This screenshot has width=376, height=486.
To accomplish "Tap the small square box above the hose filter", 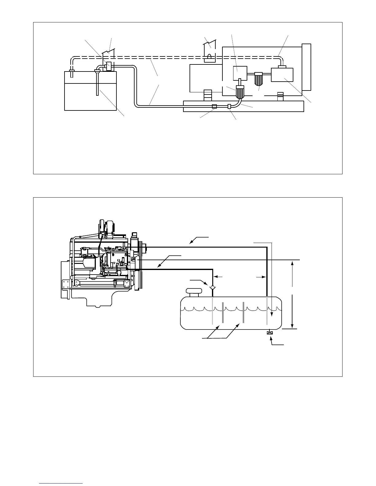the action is (x=240, y=73).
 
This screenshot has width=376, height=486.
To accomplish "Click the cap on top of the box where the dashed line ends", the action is (x=282, y=67).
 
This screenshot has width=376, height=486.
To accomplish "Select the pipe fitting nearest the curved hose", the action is (x=229, y=106).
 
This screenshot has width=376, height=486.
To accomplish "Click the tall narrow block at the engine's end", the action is (x=306, y=67).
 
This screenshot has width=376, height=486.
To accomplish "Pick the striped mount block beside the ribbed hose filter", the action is (x=208, y=95).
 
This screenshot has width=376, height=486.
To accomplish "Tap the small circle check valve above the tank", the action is (x=212, y=287).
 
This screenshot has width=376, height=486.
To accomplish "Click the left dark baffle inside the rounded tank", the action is (x=223, y=312).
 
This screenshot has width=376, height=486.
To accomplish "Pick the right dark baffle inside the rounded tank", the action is (x=243, y=312).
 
